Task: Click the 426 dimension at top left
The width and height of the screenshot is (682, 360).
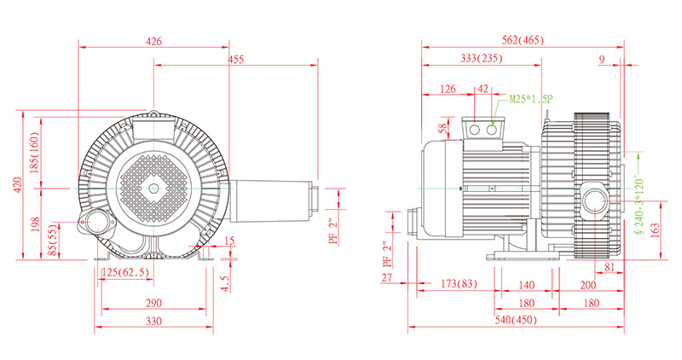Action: point(153,40)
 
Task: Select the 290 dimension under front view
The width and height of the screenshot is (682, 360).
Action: point(153,303)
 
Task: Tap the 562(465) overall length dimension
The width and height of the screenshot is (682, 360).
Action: point(523,40)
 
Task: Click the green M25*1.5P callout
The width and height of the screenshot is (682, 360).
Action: point(531,99)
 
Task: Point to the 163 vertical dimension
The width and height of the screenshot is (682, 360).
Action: point(654,230)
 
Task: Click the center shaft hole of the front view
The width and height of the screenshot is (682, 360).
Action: point(153,187)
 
